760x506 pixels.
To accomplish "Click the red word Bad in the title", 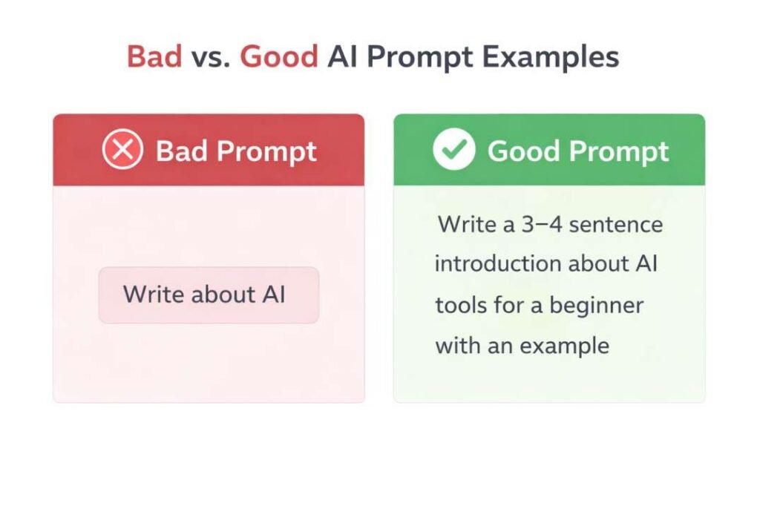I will [154, 57].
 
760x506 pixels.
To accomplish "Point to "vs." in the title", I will [211, 57].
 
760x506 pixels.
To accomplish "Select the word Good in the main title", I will [279, 57].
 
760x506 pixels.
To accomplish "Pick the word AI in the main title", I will [343, 57].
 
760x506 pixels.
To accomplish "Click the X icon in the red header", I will [122, 151].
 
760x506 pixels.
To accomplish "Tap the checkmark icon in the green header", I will [453, 151].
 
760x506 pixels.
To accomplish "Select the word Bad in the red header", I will [181, 151].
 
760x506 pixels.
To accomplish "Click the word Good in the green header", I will [522, 151].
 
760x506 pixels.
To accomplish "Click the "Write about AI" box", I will [209, 295].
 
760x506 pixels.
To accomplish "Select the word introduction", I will [497, 264].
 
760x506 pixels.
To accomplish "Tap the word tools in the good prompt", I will [460, 305].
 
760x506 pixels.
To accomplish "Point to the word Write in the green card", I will [467, 224].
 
